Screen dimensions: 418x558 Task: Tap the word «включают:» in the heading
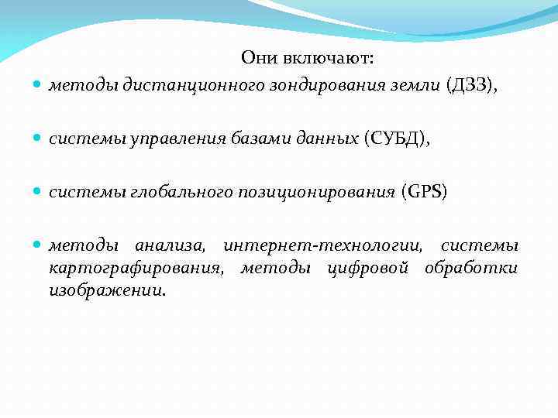click(329, 58)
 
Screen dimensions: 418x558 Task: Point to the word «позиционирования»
click(303, 192)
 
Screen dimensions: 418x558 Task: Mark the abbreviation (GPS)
click(424, 192)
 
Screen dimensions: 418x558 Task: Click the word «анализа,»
click(170, 246)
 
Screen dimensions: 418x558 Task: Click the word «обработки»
click(472, 269)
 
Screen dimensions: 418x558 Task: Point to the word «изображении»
click(105, 291)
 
